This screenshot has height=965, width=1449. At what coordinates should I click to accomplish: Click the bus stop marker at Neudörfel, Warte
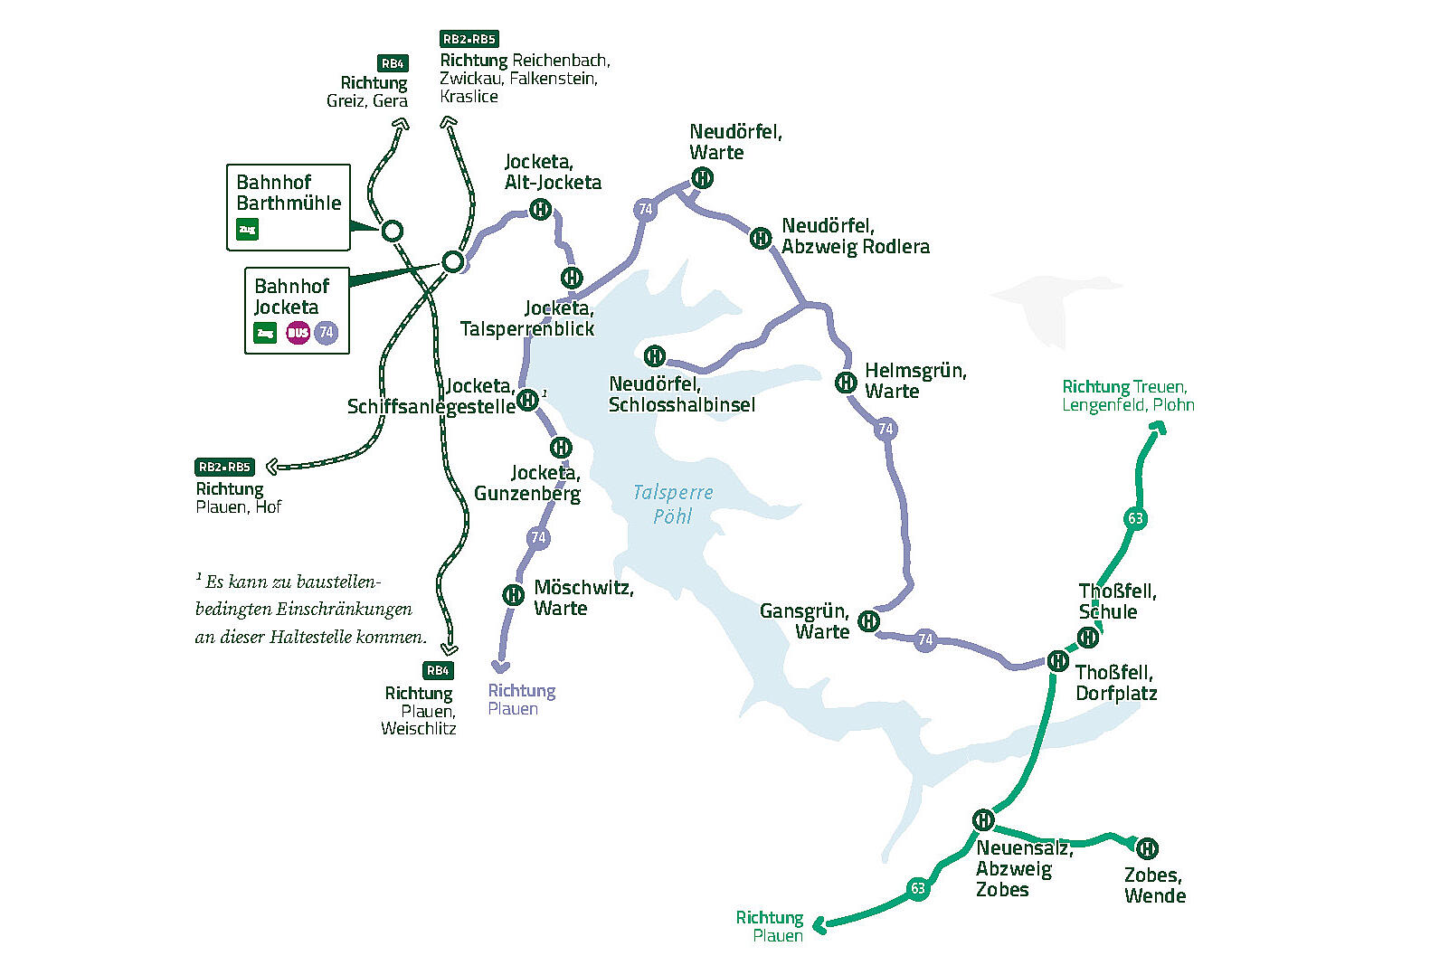(x=702, y=178)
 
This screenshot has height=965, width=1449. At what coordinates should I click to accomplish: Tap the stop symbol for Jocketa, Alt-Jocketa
(x=540, y=210)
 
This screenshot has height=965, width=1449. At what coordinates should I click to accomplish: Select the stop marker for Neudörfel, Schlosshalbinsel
(x=654, y=355)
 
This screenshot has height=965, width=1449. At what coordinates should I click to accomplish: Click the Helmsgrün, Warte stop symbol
(x=846, y=382)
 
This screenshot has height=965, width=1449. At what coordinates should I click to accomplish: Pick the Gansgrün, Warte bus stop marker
(x=868, y=620)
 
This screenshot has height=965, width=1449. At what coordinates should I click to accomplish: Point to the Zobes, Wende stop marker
(x=1146, y=847)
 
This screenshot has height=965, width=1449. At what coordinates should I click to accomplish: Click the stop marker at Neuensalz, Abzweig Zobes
(x=983, y=820)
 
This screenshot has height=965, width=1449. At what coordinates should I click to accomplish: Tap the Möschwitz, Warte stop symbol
(x=513, y=594)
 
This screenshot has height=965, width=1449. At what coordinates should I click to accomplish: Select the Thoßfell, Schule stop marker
(x=1088, y=637)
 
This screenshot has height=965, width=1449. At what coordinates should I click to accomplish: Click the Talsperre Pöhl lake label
(x=672, y=504)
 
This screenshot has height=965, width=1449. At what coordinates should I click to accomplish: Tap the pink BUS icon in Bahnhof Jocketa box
(x=298, y=333)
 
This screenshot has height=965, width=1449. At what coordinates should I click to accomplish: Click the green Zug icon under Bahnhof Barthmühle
(x=247, y=230)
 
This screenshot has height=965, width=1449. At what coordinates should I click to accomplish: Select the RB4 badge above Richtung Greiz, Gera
(x=393, y=63)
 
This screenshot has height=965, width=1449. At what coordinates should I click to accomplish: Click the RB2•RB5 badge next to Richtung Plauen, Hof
(x=224, y=467)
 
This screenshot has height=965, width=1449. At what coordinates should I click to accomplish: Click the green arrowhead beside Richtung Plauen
(x=819, y=925)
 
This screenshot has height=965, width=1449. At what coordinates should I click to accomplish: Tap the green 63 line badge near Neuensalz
(x=918, y=888)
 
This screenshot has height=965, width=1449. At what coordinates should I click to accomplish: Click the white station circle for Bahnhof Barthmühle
(x=392, y=232)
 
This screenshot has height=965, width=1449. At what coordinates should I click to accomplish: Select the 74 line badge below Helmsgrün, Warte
(x=885, y=429)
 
